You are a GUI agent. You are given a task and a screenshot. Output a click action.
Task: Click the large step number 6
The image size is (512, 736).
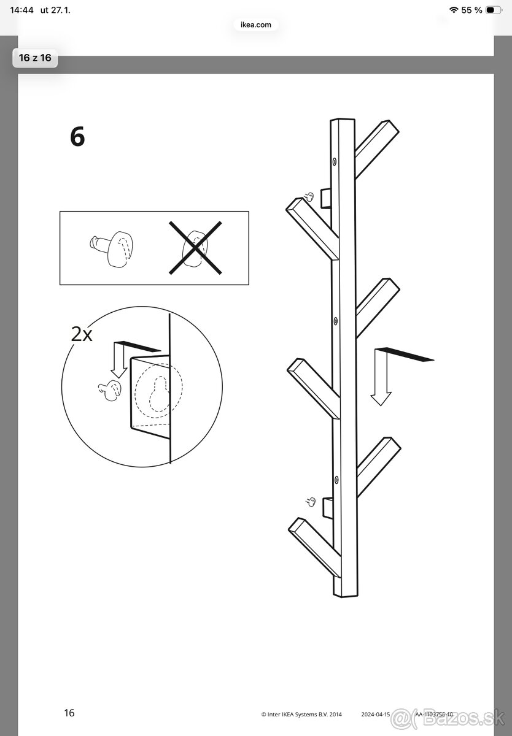pos(77,136)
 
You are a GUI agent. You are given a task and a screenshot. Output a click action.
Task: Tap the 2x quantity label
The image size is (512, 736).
pos(81,334)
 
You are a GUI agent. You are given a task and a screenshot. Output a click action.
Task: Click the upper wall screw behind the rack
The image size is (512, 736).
pos(310,196)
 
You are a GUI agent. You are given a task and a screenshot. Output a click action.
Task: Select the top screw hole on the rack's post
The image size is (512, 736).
pos(335,161)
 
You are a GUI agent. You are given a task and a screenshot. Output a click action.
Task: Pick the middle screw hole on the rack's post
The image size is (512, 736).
pos(335,320)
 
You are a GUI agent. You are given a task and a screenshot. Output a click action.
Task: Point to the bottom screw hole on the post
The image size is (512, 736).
pos(336,478)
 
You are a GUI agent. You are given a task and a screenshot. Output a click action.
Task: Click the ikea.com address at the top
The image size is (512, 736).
pos(252,25)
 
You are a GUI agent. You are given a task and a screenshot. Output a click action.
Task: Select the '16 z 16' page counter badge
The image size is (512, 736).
pos(35,58)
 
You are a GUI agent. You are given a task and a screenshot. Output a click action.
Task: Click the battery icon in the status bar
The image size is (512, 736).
pos(492,10)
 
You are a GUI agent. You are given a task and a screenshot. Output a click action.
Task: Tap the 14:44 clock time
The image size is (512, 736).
pos(21,10)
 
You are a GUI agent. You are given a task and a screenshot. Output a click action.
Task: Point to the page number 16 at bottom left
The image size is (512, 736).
pos(69,713)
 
